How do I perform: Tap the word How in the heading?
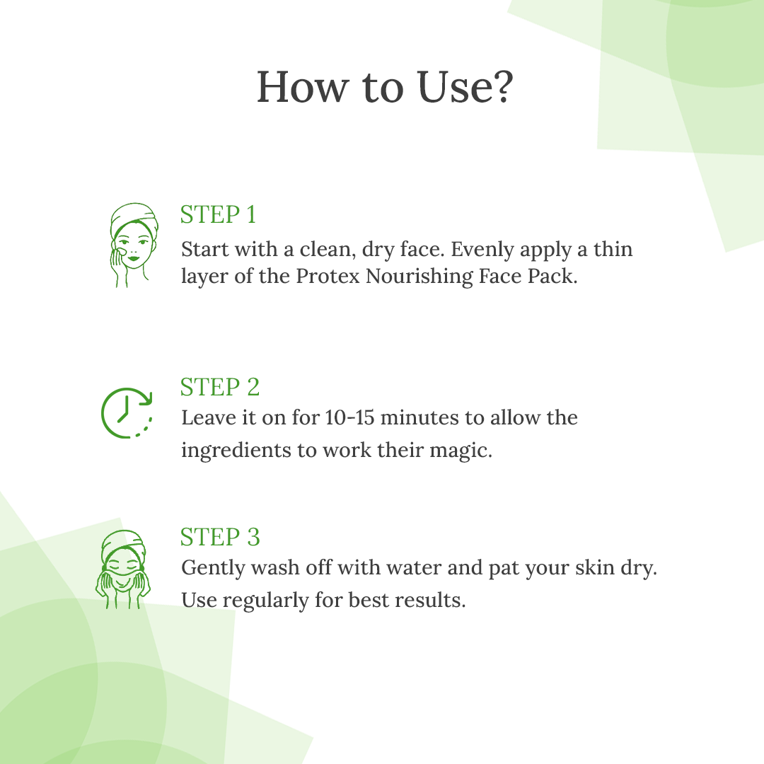point(303,87)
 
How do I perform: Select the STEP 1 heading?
point(219,214)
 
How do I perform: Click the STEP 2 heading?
point(220,388)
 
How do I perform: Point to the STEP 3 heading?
point(220,537)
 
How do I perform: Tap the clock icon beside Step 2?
point(127,412)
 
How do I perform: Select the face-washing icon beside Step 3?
point(123,569)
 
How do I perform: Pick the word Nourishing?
point(419,277)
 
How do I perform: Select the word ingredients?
point(239,451)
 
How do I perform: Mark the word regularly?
point(265,601)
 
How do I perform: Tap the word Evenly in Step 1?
point(482,250)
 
